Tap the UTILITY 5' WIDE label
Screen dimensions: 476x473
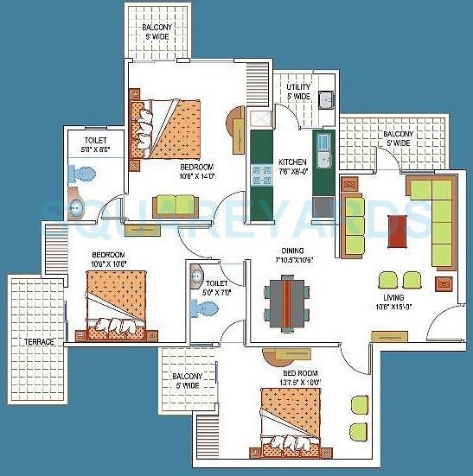point(298,92)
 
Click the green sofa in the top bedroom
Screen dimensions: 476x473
point(176,206)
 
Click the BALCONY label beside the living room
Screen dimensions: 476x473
point(399,139)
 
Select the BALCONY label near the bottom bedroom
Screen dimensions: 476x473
point(186,381)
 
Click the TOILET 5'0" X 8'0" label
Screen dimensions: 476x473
point(96,144)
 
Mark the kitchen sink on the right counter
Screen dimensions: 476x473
point(323,149)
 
